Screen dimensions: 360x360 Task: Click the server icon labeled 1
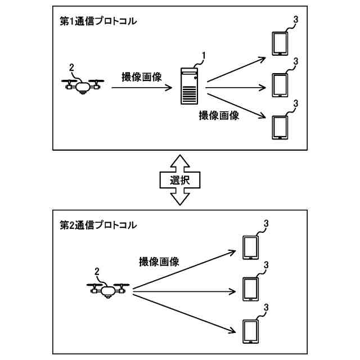click(190, 85)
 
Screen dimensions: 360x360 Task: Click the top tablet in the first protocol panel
click(279, 43)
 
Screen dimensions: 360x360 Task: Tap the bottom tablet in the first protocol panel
click(279, 127)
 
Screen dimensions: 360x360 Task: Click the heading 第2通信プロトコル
click(98, 225)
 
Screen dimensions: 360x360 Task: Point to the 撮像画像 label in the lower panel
click(159, 262)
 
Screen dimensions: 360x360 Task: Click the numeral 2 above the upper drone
click(71, 68)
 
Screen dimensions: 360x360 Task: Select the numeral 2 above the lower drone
click(97, 272)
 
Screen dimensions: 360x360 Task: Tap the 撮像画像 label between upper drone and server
click(142, 77)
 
